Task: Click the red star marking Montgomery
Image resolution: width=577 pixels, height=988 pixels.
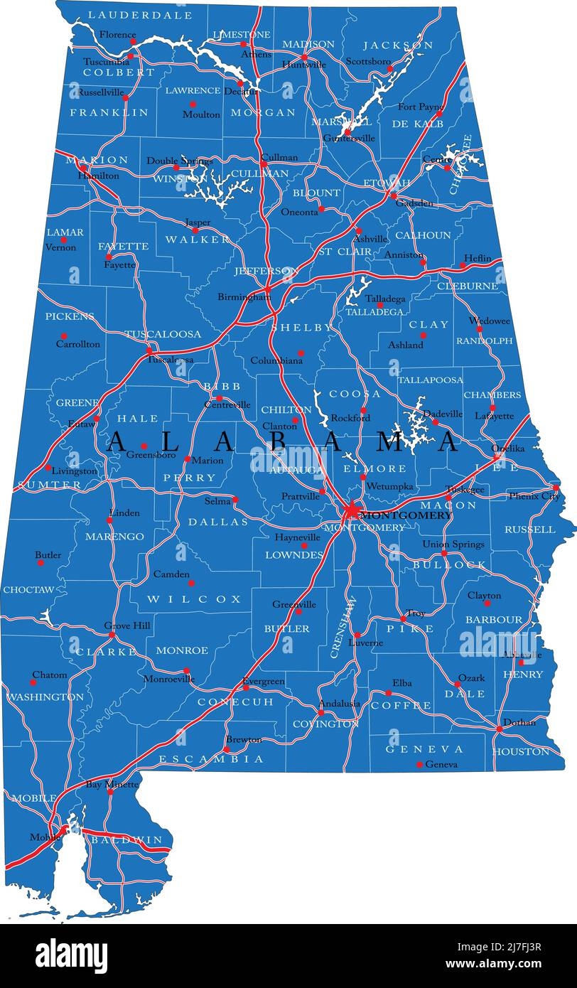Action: (352, 511)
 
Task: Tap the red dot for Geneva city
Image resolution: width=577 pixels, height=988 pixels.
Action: (419, 765)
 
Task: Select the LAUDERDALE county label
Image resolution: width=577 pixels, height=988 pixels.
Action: (140, 15)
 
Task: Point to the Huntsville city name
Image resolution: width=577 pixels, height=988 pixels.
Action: (304, 65)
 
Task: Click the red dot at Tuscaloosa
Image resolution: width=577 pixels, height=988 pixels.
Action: (150, 350)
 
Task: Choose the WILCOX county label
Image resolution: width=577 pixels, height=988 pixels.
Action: (194, 599)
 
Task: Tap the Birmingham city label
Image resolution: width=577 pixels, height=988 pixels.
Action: (244, 297)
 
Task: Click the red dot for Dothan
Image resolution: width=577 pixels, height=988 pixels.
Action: (499, 729)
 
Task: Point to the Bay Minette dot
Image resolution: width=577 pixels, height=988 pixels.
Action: (111, 791)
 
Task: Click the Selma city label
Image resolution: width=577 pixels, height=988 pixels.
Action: (217, 501)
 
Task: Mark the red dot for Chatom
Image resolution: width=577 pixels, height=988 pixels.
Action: (33, 682)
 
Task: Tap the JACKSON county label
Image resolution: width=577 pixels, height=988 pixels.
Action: (398, 45)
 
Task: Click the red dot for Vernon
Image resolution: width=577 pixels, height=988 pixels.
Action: (63, 240)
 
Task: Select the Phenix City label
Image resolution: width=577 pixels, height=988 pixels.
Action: (533, 496)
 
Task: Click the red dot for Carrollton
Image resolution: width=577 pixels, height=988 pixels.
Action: (63, 336)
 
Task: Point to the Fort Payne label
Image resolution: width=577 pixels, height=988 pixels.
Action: (421, 107)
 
